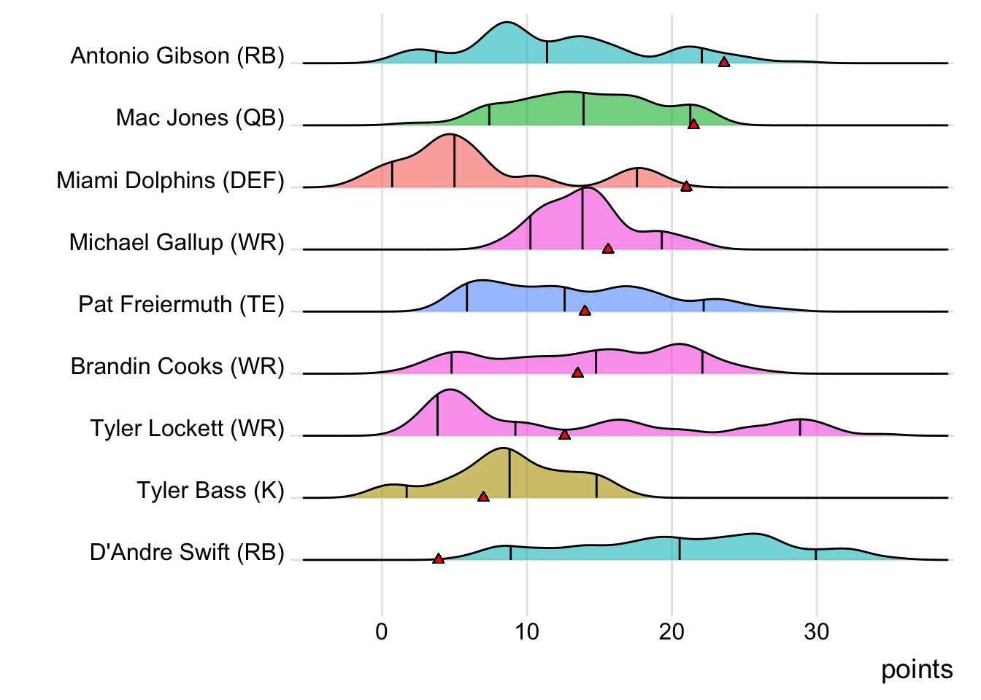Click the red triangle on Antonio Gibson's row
tap(723, 62)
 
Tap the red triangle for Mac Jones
tap(693, 124)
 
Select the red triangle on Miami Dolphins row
tap(686, 187)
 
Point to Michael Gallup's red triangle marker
tap(607, 249)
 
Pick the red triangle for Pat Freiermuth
tap(585, 311)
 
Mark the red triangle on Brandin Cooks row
tap(577, 373)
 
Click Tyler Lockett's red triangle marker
tap(564, 435)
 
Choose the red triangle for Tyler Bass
tap(483, 497)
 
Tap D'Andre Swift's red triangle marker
tap(438, 559)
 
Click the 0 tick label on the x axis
tap(382, 631)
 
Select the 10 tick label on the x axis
tap(526, 631)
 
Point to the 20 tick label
tap(672, 631)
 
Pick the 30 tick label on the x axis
tap(816, 631)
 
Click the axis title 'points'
tap(917, 669)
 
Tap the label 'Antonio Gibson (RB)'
tap(177, 55)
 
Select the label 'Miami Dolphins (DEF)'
tap(170, 180)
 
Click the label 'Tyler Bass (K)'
tap(210, 490)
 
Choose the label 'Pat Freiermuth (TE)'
tap(181, 304)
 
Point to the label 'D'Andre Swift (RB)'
tap(187, 552)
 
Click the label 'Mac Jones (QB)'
tap(200, 117)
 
